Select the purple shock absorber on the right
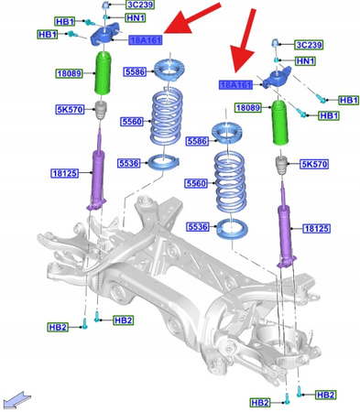pyautogui.click(x=286, y=227)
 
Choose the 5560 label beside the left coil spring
pyautogui.click(x=134, y=121)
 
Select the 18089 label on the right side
pyautogui.click(x=247, y=108)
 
